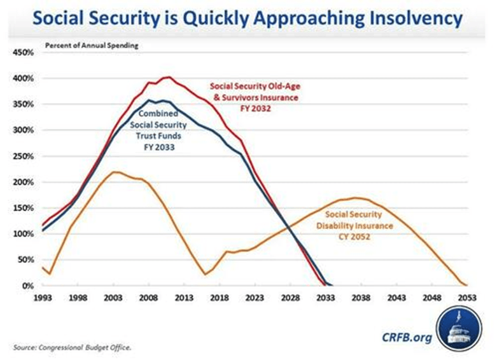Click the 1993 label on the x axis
tap(43, 298)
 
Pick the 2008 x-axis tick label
tap(149, 298)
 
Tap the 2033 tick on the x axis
tap(325, 298)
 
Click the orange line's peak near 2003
tap(113, 172)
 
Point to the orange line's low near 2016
tap(205, 274)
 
